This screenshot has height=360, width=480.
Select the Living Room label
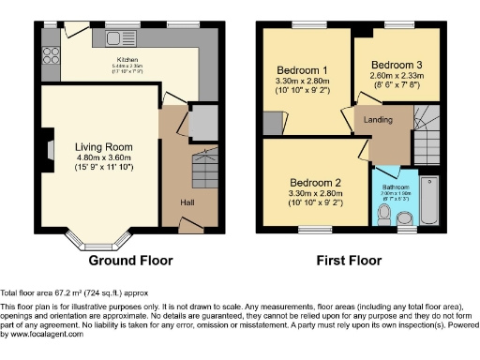104,147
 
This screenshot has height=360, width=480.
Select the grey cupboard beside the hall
203,123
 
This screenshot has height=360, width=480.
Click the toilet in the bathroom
382,216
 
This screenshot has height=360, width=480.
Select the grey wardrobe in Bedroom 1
273,123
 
